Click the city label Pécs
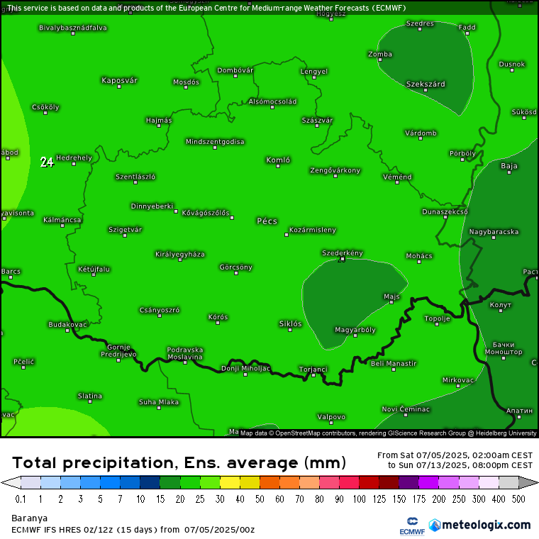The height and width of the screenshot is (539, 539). pos(267,221)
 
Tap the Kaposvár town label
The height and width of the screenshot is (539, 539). pos(119,80)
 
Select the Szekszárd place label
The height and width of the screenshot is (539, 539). pos(426,84)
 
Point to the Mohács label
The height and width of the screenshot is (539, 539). pos(419,255)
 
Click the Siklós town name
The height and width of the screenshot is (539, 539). pos(290,323)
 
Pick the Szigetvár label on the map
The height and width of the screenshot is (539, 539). pos(125,229)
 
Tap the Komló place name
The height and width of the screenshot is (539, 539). pos(278,160)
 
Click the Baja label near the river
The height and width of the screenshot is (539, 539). pos(509,166)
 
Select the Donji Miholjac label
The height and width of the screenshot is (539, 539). pos(245,368)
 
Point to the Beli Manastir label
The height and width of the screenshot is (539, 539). pos(394,363)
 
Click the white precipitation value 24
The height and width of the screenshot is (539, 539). pos(47,162)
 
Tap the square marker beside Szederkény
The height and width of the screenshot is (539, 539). pos(342,260)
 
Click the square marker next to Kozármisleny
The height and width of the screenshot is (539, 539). pos(287,234)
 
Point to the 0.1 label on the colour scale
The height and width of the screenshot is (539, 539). pos(21,499)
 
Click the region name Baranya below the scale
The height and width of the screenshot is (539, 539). pos(30,518)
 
